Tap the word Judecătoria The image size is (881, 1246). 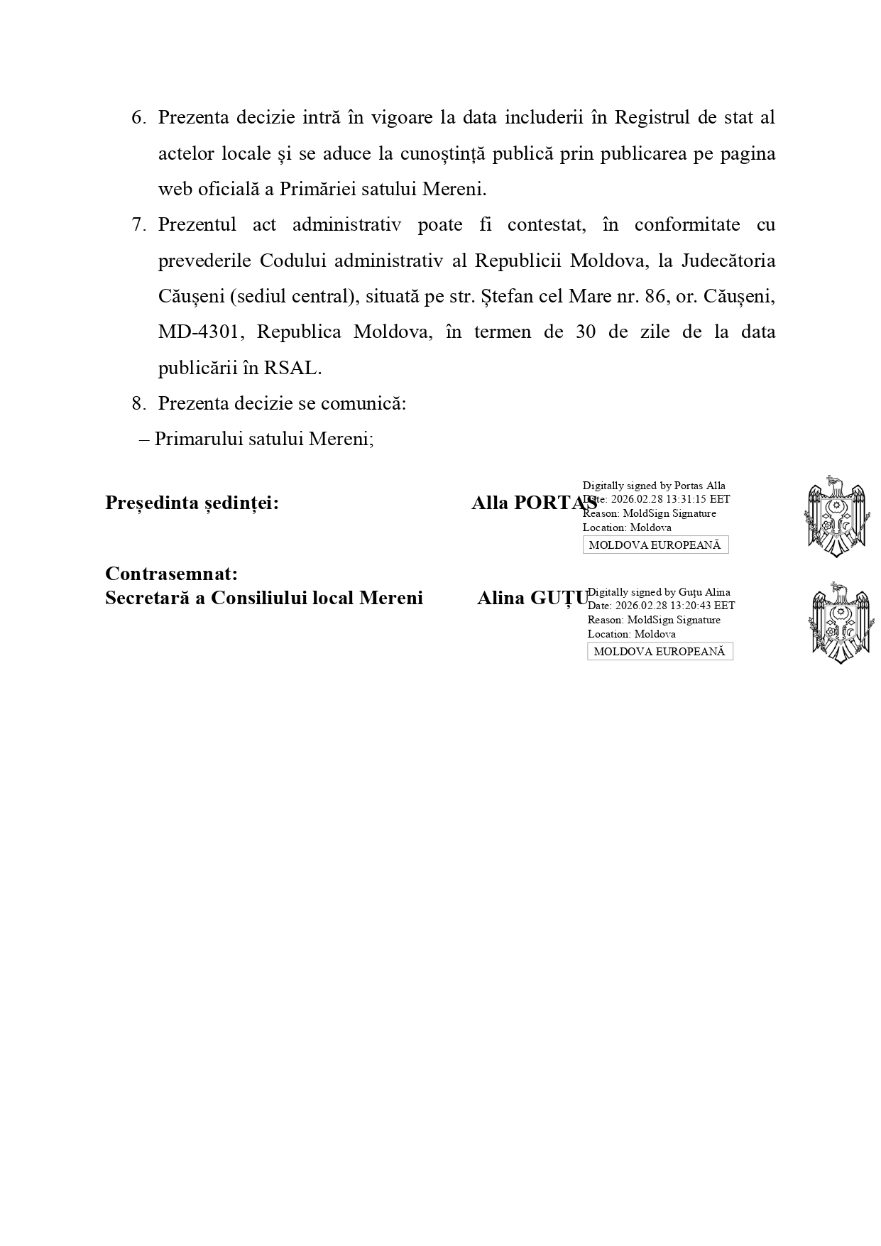pos(728,261)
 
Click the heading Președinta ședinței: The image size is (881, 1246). pos(192,503)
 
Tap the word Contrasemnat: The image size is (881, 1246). pos(171,573)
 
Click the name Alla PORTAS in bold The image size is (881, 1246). pos(534,503)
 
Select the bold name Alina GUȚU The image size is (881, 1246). pos(532,599)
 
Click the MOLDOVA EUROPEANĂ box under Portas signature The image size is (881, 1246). pos(655,545)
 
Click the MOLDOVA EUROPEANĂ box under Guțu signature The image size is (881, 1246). pos(660,652)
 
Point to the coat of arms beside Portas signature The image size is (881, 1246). pos(836,516)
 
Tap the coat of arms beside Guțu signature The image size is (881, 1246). pos(840,623)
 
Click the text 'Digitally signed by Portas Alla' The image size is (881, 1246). pos(654,486)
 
